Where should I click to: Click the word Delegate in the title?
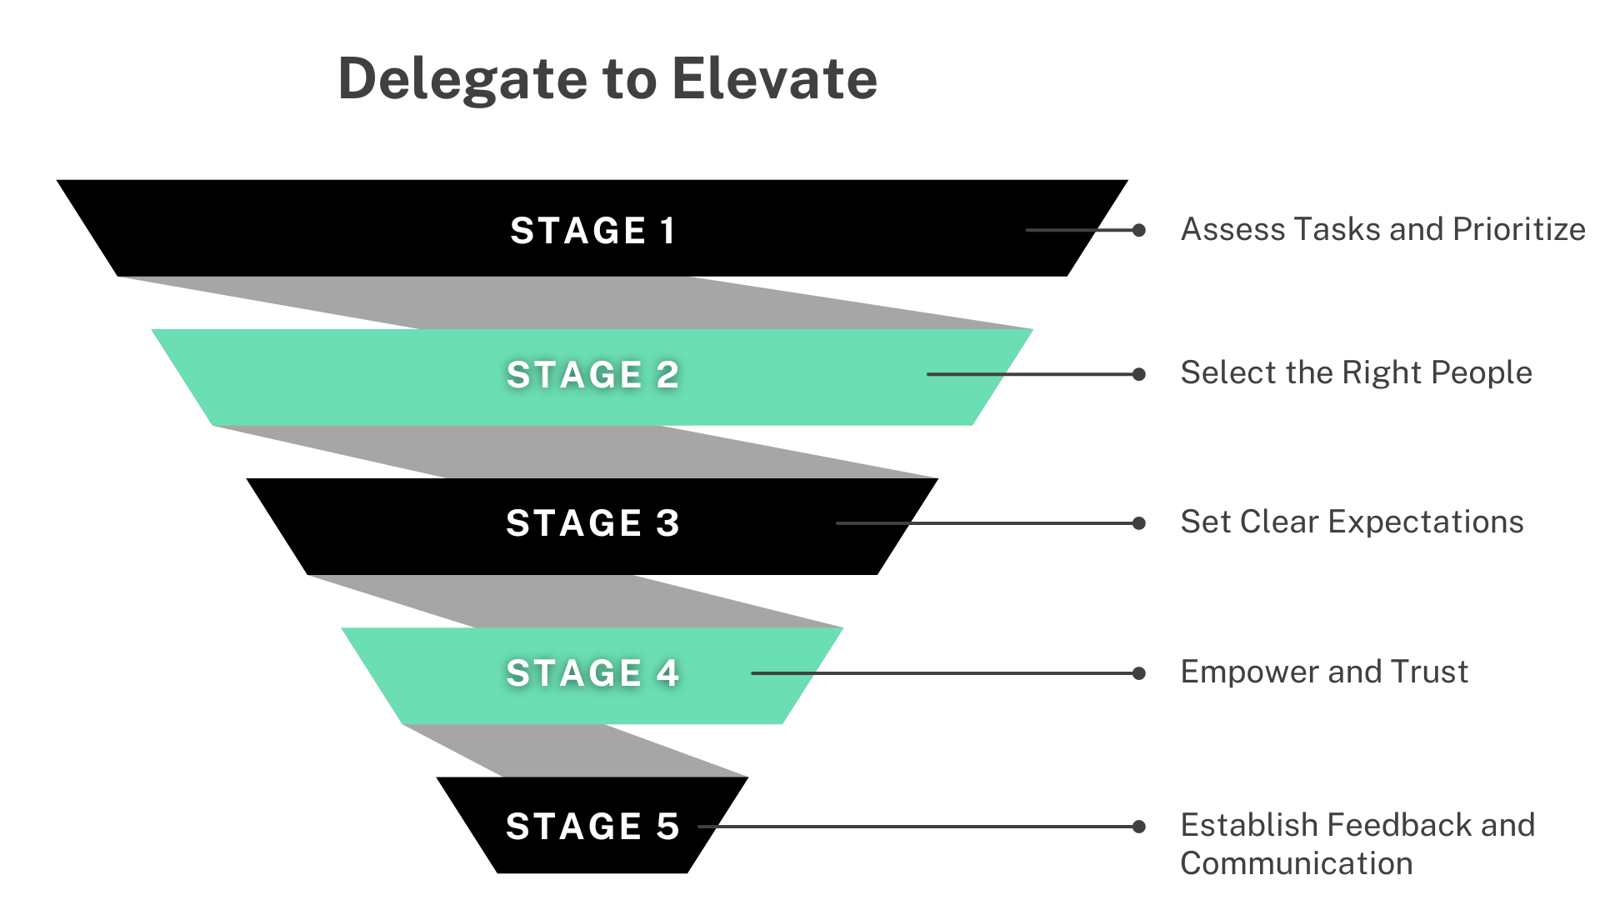pos(462,79)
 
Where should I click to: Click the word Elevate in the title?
pos(774,79)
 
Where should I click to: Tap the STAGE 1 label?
pos(592,231)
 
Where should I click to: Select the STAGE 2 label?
pos(592,375)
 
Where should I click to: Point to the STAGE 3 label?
pos(592,523)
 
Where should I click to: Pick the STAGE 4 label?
pos(592,673)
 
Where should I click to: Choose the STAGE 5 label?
pos(592,827)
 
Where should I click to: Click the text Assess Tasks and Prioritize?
pos(1382,229)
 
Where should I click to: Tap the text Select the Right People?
pos(1356,372)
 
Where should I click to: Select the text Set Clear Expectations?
pos(1352,522)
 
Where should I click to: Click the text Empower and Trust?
pos(1324,672)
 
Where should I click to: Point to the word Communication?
pos(1296,863)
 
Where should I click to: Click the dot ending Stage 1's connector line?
pos(1139,230)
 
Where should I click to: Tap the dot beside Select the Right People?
pos(1139,374)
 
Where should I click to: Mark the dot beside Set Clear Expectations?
pos(1139,523)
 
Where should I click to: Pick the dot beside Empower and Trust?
pos(1139,673)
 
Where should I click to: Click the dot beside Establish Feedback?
pos(1139,827)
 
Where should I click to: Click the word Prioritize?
pos(1518,229)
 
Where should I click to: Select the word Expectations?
pos(1426,522)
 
